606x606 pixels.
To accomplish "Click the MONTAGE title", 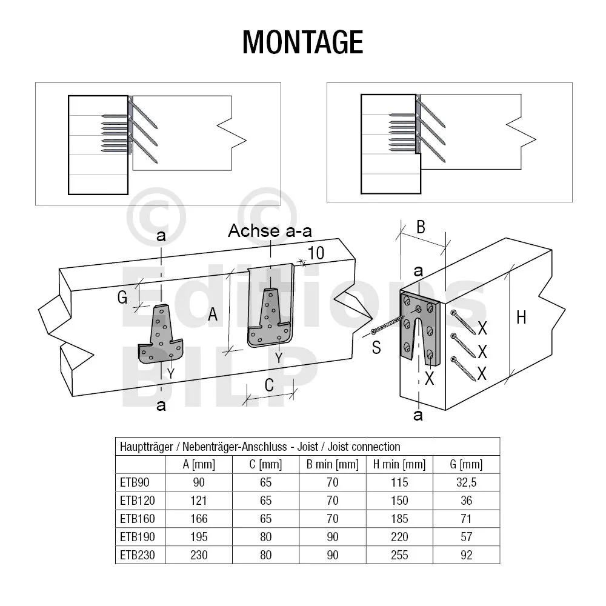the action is pyautogui.click(x=302, y=42).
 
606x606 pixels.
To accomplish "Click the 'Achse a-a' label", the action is pyautogui.click(x=270, y=231).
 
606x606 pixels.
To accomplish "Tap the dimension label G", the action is pyautogui.click(x=122, y=298).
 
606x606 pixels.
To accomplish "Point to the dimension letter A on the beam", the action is pyautogui.click(x=213, y=314).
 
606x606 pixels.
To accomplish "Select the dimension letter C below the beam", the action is pyautogui.click(x=269, y=385).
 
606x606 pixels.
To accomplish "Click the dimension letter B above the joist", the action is pyautogui.click(x=421, y=227).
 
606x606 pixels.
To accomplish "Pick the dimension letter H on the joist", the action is pyautogui.click(x=521, y=318).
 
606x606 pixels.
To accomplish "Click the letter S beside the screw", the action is pyautogui.click(x=376, y=347).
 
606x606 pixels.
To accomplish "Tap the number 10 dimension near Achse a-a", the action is pyautogui.click(x=316, y=253).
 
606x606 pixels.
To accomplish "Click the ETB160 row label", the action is pyautogui.click(x=137, y=519).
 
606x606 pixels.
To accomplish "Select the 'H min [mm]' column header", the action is pyautogui.click(x=399, y=464).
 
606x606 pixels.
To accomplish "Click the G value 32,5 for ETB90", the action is pyautogui.click(x=466, y=482).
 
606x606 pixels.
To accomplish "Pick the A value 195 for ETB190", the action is pyautogui.click(x=199, y=537).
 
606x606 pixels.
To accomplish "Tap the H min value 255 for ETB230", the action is pyautogui.click(x=399, y=555).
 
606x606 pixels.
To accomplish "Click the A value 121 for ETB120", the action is pyautogui.click(x=199, y=501).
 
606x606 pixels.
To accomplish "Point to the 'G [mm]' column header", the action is pyautogui.click(x=466, y=464).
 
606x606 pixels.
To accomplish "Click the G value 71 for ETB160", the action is pyautogui.click(x=466, y=519).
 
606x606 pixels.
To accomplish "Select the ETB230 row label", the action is pyautogui.click(x=137, y=555).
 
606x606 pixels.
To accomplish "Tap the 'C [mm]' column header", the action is pyautogui.click(x=265, y=464).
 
